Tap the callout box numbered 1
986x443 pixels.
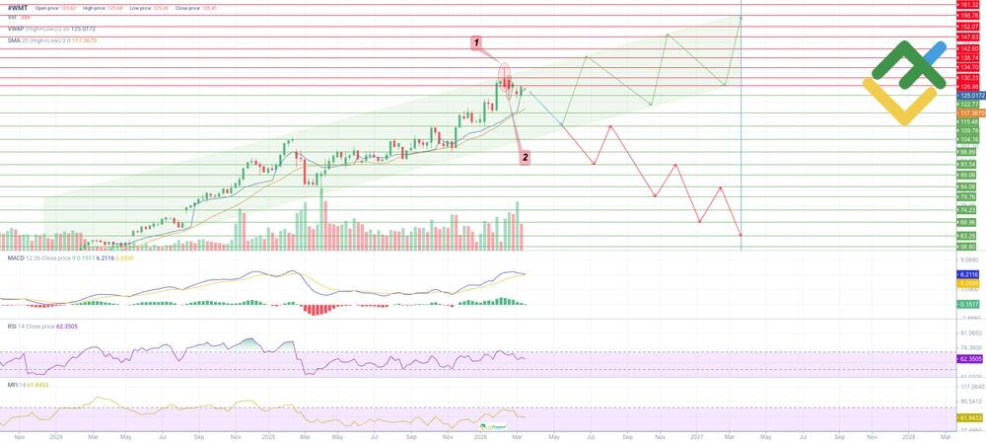[476, 43]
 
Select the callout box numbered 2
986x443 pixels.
[525, 156]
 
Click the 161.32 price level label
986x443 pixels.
[968, 5]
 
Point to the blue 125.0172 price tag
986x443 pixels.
[969, 96]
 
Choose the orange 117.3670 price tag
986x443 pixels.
[969, 113]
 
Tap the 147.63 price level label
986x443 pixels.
[968, 37]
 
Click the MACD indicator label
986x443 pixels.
[16, 258]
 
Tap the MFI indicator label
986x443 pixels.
[12, 384]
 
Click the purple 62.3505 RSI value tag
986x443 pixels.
[969, 360]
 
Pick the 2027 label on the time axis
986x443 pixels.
[696, 435]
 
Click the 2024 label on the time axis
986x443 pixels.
[55, 435]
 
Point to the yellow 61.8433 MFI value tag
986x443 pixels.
[969, 418]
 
